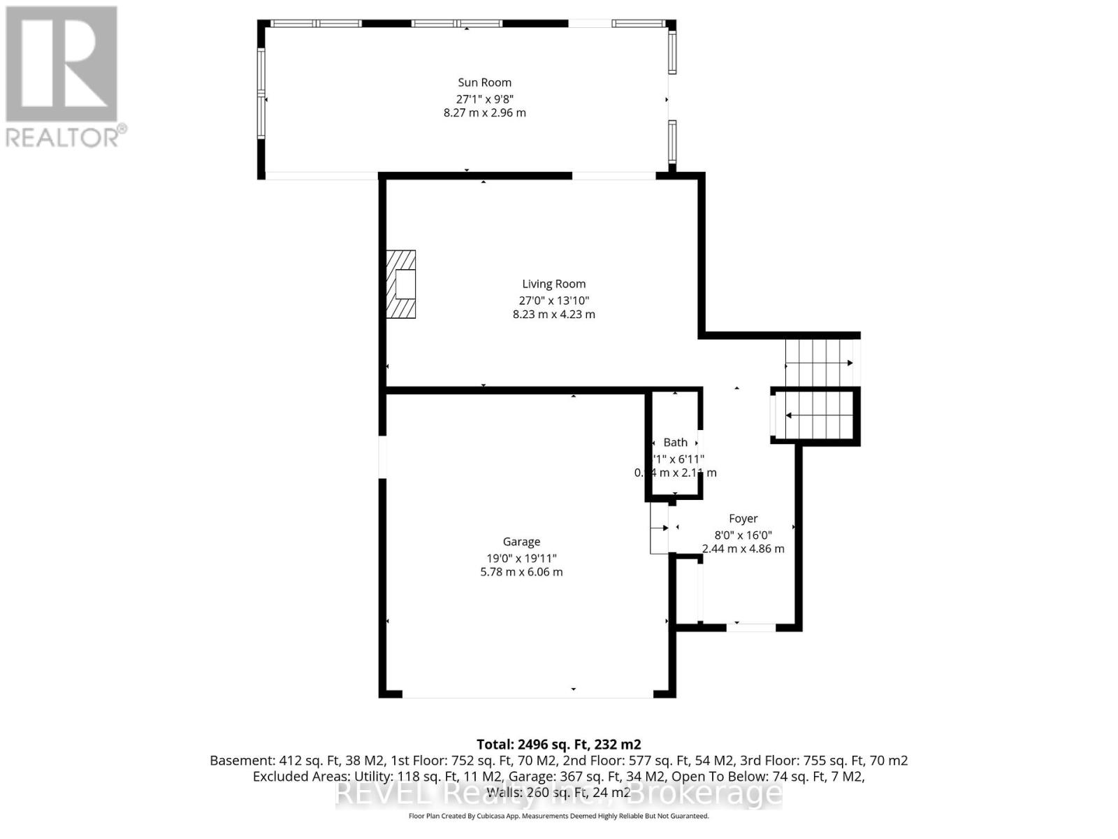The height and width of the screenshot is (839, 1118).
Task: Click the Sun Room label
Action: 484,83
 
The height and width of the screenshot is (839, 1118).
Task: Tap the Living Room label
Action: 553,284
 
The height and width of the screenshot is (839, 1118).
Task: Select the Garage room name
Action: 521,542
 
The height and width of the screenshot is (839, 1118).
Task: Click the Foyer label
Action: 743,519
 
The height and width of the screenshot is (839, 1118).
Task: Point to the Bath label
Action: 675,443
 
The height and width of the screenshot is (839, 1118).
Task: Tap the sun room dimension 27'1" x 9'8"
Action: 484,99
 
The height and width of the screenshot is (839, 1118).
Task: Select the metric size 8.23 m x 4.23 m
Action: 553,315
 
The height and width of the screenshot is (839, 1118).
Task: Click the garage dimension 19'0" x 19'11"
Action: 521,558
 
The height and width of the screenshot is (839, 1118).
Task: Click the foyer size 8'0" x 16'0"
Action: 743,535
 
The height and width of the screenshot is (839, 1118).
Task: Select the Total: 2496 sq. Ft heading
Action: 558,745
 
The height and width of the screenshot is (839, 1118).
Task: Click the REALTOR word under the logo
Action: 63,137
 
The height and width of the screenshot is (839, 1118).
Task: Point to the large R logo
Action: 61,64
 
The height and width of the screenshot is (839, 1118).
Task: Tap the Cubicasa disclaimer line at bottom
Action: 558,816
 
